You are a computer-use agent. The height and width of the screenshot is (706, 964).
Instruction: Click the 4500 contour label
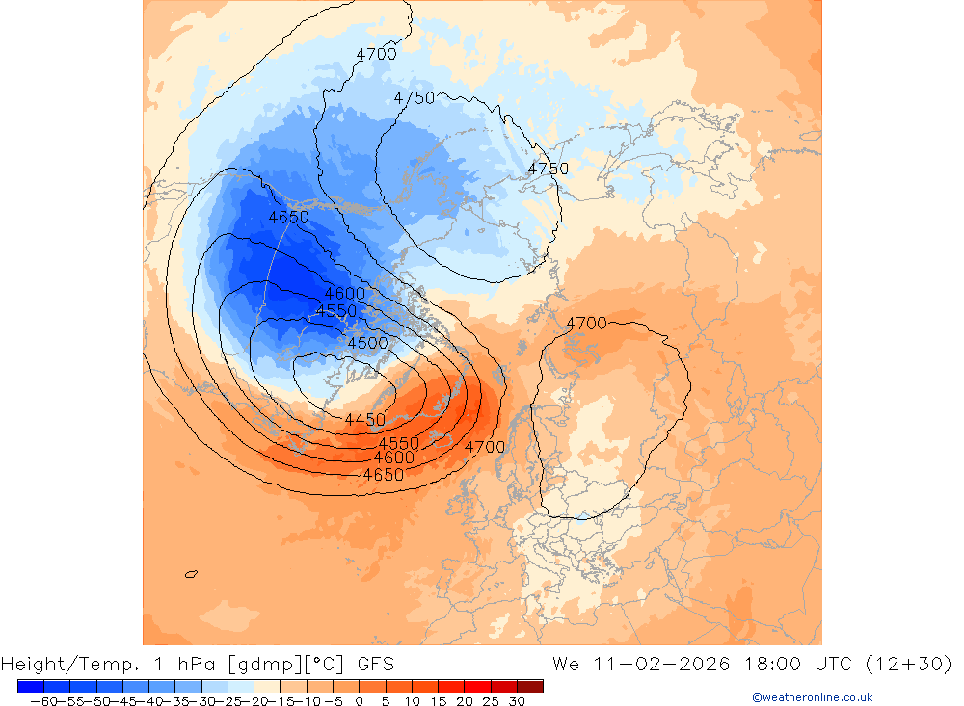(367, 343)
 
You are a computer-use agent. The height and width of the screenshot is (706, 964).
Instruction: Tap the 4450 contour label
(364, 420)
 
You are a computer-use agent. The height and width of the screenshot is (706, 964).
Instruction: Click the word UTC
(834, 664)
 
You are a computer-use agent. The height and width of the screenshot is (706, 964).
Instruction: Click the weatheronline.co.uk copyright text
(813, 697)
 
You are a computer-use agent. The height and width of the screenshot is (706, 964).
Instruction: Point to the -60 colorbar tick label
(43, 701)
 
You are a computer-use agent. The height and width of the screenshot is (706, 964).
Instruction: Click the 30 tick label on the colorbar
(516, 701)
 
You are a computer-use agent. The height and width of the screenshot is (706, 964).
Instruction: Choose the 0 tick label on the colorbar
(359, 701)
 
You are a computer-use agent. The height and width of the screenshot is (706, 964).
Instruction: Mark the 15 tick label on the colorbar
(438, 701)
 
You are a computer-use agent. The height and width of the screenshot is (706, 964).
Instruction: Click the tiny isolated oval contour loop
(191, 574)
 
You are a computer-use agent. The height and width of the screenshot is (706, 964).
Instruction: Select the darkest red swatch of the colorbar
(529, 686)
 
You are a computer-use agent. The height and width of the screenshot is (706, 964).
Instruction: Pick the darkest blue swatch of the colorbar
(31, 686)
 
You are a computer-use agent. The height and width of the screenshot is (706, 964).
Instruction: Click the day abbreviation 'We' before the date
(566, 664)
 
